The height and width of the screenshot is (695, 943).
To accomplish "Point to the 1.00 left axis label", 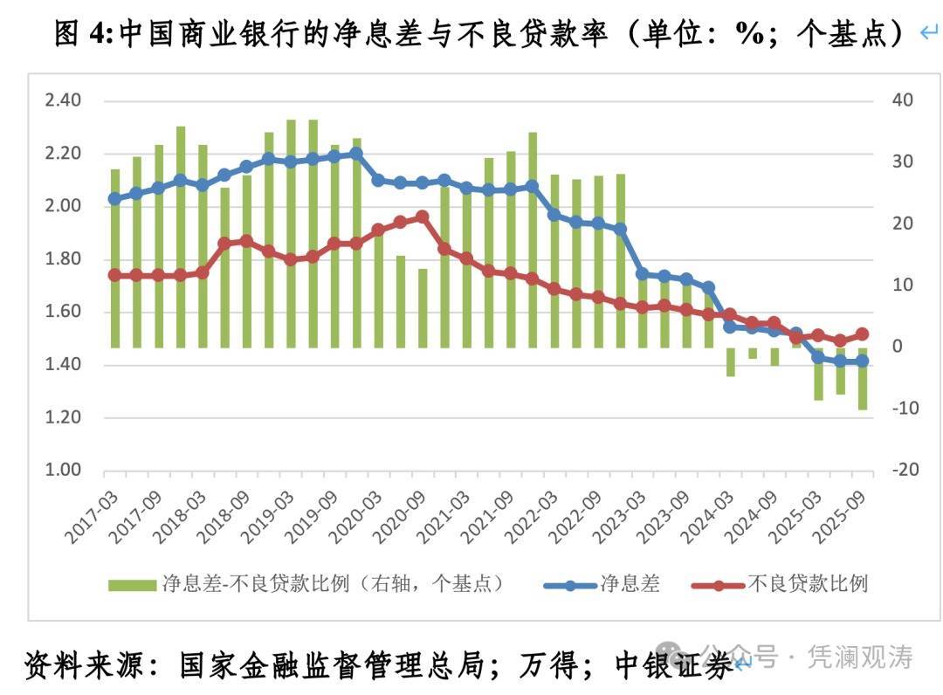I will point(62,471).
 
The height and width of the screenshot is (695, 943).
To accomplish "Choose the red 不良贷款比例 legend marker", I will point(719,584).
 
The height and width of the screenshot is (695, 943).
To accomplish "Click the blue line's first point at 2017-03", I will point(114,198).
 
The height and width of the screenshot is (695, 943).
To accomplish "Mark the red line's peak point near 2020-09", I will point(423,217).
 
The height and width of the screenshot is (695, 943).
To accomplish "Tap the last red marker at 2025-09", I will point(862,334).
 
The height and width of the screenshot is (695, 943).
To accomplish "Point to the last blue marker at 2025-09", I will point(862,361).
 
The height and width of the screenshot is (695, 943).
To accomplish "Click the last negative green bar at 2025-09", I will point(862,378).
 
